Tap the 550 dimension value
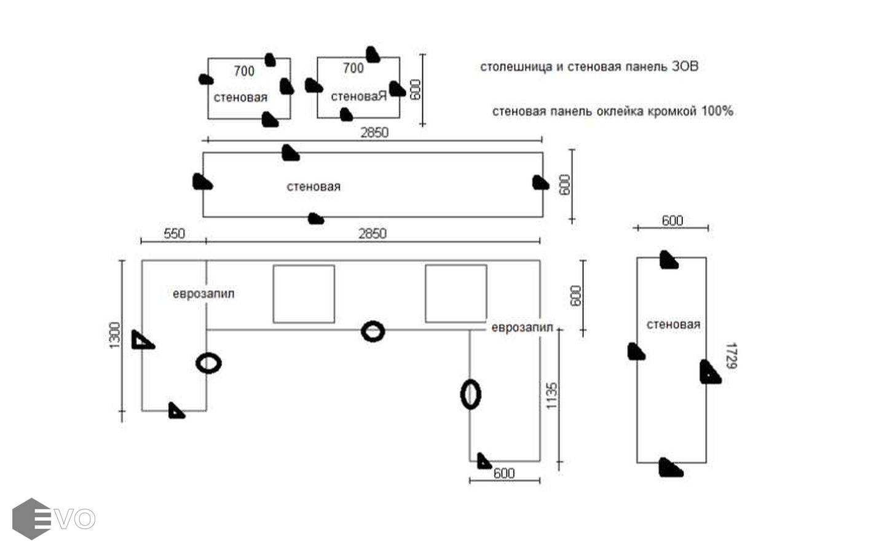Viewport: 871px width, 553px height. click(174, 233)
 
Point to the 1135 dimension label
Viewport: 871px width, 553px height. click(551, 396)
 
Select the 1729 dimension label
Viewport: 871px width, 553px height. click(730, 356)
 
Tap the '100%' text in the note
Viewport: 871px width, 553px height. click(717, 111)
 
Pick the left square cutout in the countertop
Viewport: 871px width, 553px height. click(304, 294)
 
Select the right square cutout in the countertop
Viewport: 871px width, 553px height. click(456, 294)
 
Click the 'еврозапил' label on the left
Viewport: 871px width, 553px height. click(203, 294)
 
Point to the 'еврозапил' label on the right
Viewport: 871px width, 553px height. click(522, 327)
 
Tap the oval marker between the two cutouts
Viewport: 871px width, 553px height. click(372, 332)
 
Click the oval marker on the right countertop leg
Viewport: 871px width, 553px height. click(470, 394)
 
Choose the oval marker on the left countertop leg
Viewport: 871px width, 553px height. click(208, 363)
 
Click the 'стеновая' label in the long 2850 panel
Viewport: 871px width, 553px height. click(313, 187)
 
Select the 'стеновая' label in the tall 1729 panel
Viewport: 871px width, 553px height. click(673, 324)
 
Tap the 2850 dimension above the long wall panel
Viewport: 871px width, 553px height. click(374, 132)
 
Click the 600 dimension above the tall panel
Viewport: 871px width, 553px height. click(672, 221)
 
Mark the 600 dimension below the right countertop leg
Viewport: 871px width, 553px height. click(504, 473)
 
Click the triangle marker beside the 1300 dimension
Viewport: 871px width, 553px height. click(142, 340)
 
